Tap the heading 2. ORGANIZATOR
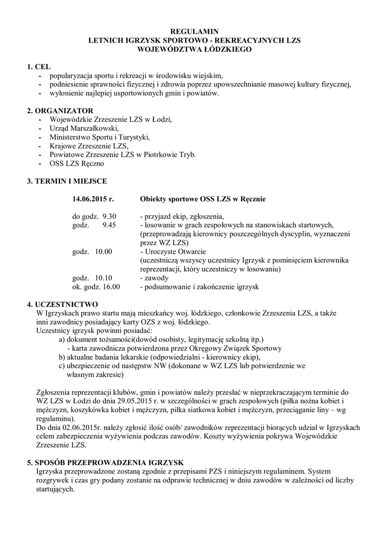tap(60, 111)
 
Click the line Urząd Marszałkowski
tap(85, 128)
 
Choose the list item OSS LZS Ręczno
tap(77, 164)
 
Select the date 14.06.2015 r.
tap(93, 199)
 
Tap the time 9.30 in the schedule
tap(109, 216)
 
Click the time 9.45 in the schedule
tap(109, 225)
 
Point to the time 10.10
tap(103, 278)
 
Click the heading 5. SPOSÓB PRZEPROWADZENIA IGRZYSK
tap(105, 463)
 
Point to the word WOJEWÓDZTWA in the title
tap(166, 49)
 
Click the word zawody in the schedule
tap(156, 278)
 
